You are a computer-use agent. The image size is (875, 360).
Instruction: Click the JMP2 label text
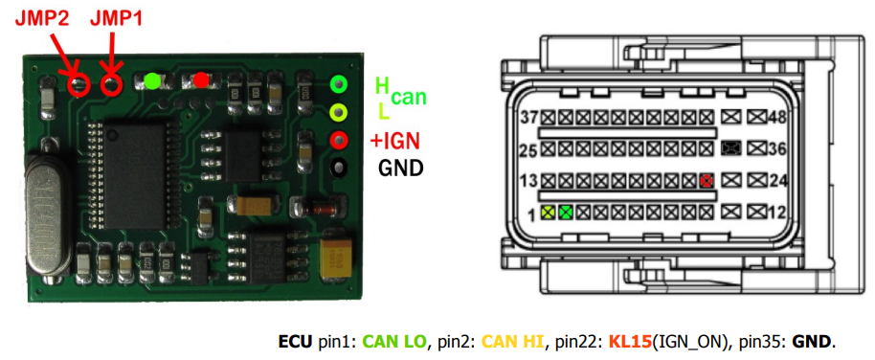point(41,19)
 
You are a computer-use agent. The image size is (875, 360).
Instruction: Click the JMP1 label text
point(116,19)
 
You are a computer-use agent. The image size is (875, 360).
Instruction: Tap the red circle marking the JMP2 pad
point(79,85)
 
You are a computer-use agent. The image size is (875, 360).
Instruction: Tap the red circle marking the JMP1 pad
point(112,85)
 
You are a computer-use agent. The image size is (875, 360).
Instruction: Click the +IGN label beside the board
point(394,142)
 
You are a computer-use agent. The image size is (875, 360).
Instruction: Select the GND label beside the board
point(400,167)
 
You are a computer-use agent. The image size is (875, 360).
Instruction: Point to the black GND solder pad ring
point(339,168)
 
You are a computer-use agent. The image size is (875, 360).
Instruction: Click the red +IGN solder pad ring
point(339,139)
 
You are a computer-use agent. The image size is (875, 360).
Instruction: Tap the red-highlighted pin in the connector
point(707,181)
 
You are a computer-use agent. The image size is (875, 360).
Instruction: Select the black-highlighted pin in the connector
point(729,148)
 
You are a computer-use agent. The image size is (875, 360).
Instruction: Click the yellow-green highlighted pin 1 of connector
point(549,213)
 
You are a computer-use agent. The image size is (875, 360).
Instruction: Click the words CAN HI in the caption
point(512,341)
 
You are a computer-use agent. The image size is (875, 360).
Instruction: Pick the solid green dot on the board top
point(152,81)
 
